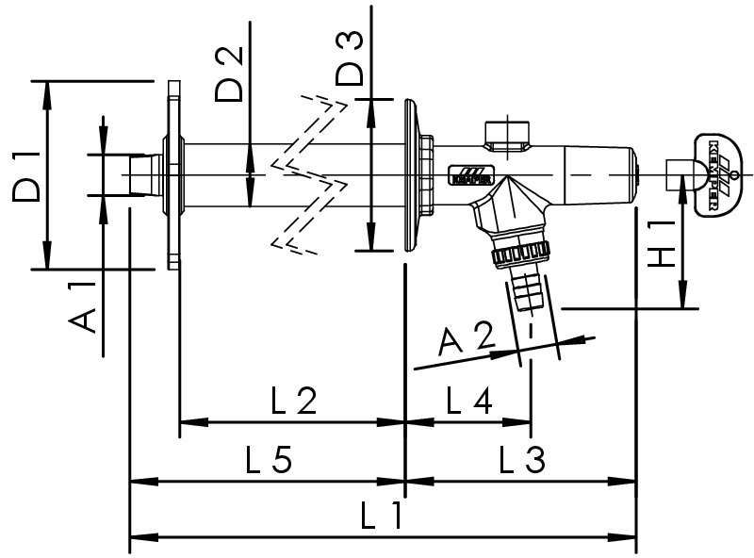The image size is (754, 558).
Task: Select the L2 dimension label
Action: point(292,402)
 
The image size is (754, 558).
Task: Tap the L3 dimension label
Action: point(521,460)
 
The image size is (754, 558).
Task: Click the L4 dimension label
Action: point(468,402)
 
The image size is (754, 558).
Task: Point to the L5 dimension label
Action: point(268,460)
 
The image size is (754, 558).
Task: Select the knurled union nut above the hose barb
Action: point(517,252)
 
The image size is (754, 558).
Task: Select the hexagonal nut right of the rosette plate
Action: point(426,175)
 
